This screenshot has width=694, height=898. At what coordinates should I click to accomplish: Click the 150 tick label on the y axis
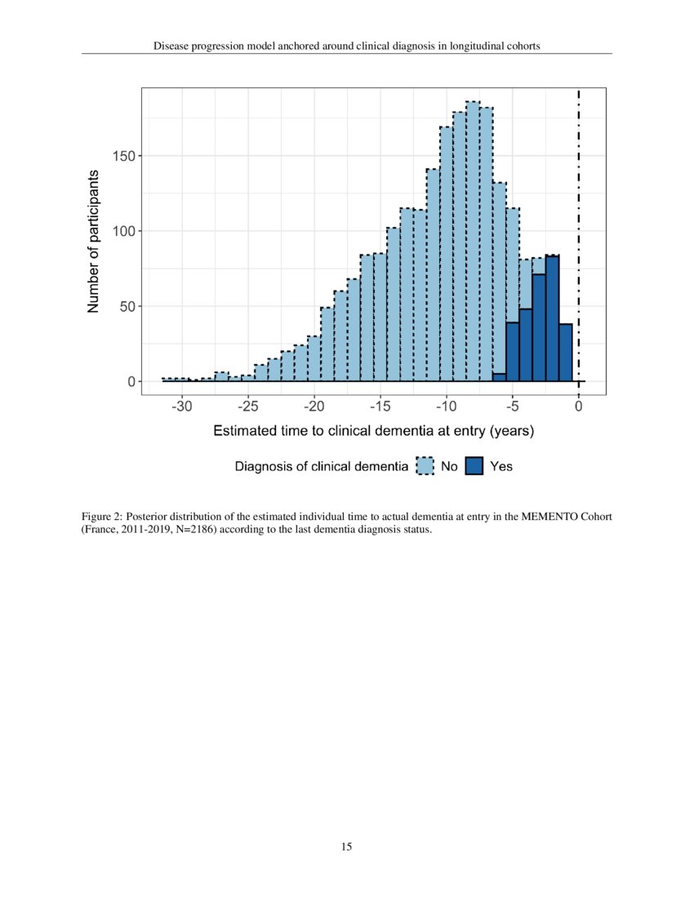126,156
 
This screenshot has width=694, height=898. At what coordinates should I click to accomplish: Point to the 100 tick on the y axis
126,231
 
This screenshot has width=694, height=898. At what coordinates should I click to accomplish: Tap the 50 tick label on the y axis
129,306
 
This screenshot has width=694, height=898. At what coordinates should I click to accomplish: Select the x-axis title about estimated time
373,431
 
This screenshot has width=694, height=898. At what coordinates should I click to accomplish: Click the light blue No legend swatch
425,466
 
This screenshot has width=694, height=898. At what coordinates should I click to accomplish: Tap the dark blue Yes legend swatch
474,466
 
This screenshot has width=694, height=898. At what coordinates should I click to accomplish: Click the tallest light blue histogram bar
473,245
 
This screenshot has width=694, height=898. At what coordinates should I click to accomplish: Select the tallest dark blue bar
552,318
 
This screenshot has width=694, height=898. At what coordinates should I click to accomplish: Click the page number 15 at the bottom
346,847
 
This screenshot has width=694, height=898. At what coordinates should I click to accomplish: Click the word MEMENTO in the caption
548,518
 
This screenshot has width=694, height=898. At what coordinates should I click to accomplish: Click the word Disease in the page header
172,46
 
